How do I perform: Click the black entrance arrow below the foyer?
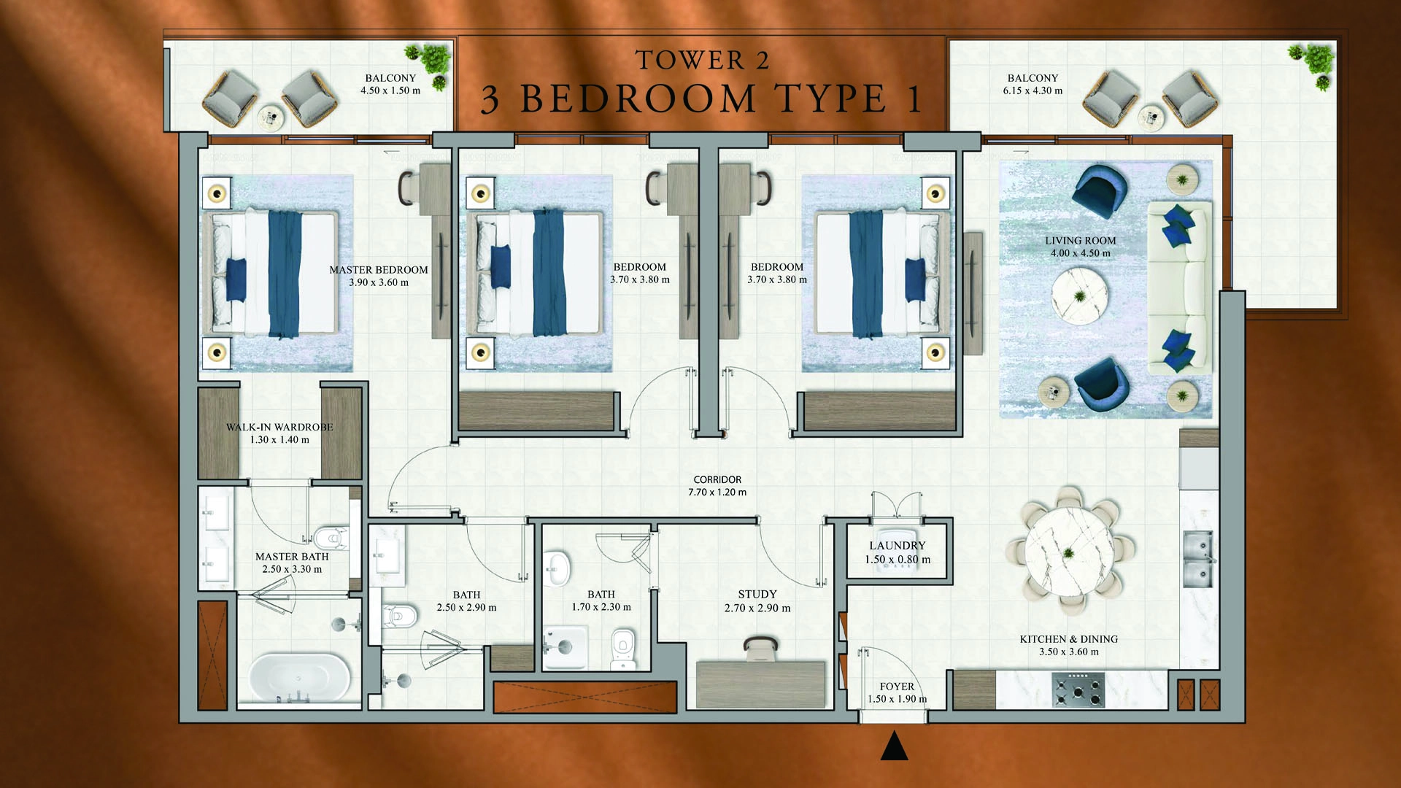tap(894, 747)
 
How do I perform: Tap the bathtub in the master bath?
tap(299, 677)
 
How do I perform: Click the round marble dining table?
tap(1069, 552)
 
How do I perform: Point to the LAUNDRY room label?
tap(897, 546)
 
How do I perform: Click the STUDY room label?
tap(757, 595)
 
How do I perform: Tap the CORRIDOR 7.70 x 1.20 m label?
tap(717, 486)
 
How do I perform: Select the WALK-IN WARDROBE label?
tap(279, 428)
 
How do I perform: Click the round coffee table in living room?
tap(1079, 295)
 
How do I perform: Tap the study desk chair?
tap(760, 645)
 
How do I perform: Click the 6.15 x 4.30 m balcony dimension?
tap(1033, 91)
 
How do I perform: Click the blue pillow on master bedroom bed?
tap(236, 280)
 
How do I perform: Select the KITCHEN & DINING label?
tap(1068, 639)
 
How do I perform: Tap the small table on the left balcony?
tap(271, 116)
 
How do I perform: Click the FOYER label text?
tap(897, 687)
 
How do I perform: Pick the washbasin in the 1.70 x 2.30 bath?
tap(557, 567)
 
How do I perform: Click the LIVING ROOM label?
tap(1080, 241)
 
